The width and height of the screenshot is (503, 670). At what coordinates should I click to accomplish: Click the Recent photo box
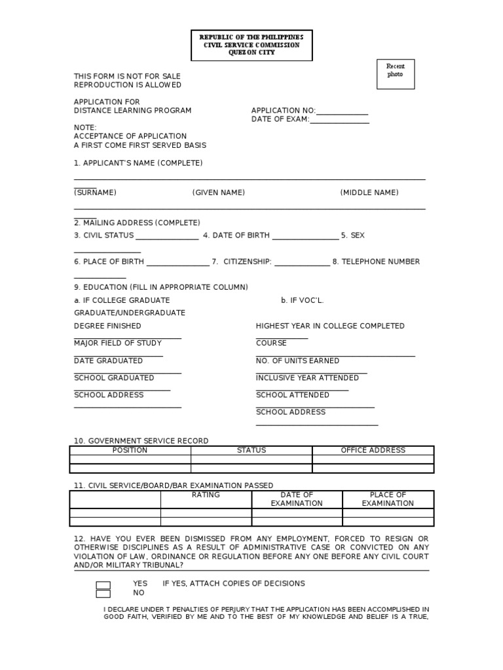(x=396, y=74)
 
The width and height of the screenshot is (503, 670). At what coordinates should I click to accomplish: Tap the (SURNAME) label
(x=95, y=192)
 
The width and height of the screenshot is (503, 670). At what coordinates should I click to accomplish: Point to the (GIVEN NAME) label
(x=218, y=192)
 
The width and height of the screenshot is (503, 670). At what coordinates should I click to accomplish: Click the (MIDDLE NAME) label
(x=369, y=192)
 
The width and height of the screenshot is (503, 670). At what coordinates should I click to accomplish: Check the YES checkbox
(x=103, y=585)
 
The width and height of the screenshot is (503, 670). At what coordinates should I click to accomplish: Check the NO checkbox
(x=103, y=594)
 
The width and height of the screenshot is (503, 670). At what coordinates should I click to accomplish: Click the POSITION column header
(x=130, y=450)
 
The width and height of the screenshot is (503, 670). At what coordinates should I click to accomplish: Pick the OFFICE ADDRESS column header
(x=373, y=450)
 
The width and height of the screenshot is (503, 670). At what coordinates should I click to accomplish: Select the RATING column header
(x=206, y=495)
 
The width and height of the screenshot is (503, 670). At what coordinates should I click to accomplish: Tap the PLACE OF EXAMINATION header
(x=388, y=499)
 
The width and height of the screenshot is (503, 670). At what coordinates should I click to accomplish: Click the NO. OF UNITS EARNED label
(x=297, y=361)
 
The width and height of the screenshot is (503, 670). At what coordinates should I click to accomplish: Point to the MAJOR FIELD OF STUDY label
(x=118, y=343)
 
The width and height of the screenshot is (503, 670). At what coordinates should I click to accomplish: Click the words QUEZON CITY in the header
(x=251, y=52)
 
